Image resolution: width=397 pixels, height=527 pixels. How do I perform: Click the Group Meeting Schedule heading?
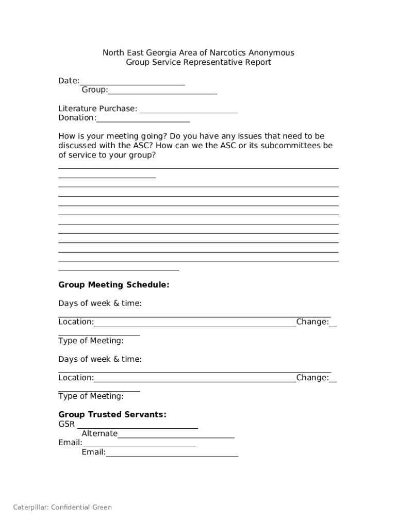point(113,285)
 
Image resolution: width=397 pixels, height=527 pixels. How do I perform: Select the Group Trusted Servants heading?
point(112,414)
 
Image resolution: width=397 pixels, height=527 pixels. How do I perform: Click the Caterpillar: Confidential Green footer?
point(62,507)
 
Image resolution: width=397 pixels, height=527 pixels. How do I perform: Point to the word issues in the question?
point(250,136)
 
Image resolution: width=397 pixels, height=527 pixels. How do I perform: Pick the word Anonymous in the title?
point(271,53)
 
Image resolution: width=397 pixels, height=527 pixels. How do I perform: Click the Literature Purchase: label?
point(97,109)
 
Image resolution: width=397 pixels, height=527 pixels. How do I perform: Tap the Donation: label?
point(77,118)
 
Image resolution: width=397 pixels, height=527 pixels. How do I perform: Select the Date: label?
point(69,81)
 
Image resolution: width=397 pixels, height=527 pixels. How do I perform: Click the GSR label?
point(67,424)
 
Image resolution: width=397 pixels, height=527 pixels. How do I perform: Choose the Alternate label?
point(100,433)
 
